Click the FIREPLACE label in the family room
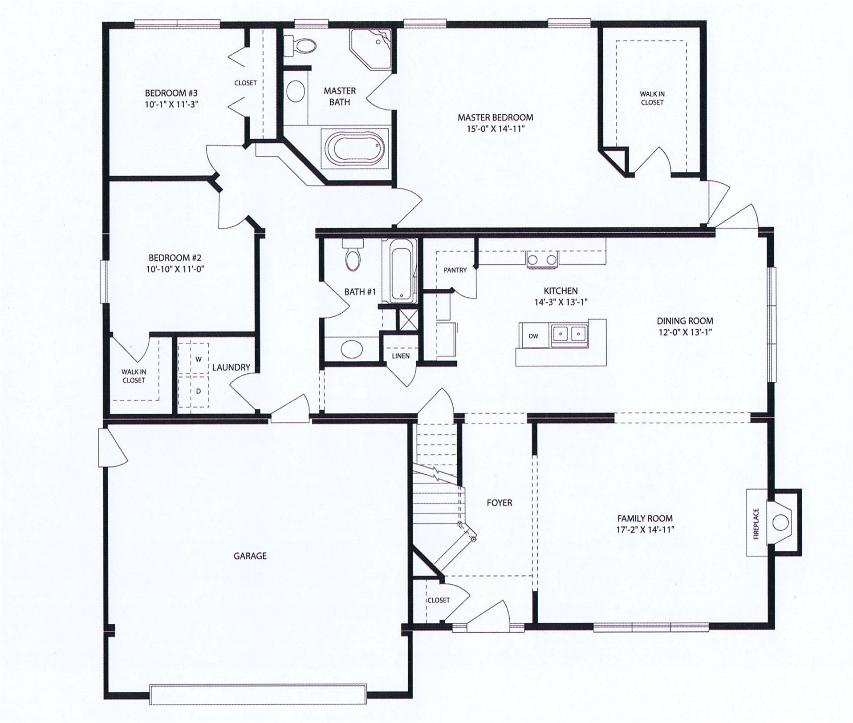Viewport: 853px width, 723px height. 756,524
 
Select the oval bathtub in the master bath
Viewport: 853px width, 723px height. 354,148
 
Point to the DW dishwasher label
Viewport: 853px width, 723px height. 533,336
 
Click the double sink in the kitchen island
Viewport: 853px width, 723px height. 569,333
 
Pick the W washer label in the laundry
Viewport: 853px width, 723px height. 199,359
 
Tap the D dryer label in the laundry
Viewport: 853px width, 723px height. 199,391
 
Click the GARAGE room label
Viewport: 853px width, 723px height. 250,556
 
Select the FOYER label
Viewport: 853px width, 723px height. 499,503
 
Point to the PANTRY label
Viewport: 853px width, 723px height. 455,270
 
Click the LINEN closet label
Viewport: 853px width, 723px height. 401,356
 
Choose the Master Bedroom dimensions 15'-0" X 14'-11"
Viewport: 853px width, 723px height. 496,129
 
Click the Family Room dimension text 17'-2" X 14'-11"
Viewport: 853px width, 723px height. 645,530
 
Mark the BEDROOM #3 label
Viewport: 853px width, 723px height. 171,93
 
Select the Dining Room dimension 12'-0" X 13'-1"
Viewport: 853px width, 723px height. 685,332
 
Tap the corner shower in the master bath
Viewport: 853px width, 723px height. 371,48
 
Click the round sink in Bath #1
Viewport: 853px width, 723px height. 352,348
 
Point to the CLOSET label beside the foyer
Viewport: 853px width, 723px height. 439,600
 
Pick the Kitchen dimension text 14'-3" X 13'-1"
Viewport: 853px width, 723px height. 561,302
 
